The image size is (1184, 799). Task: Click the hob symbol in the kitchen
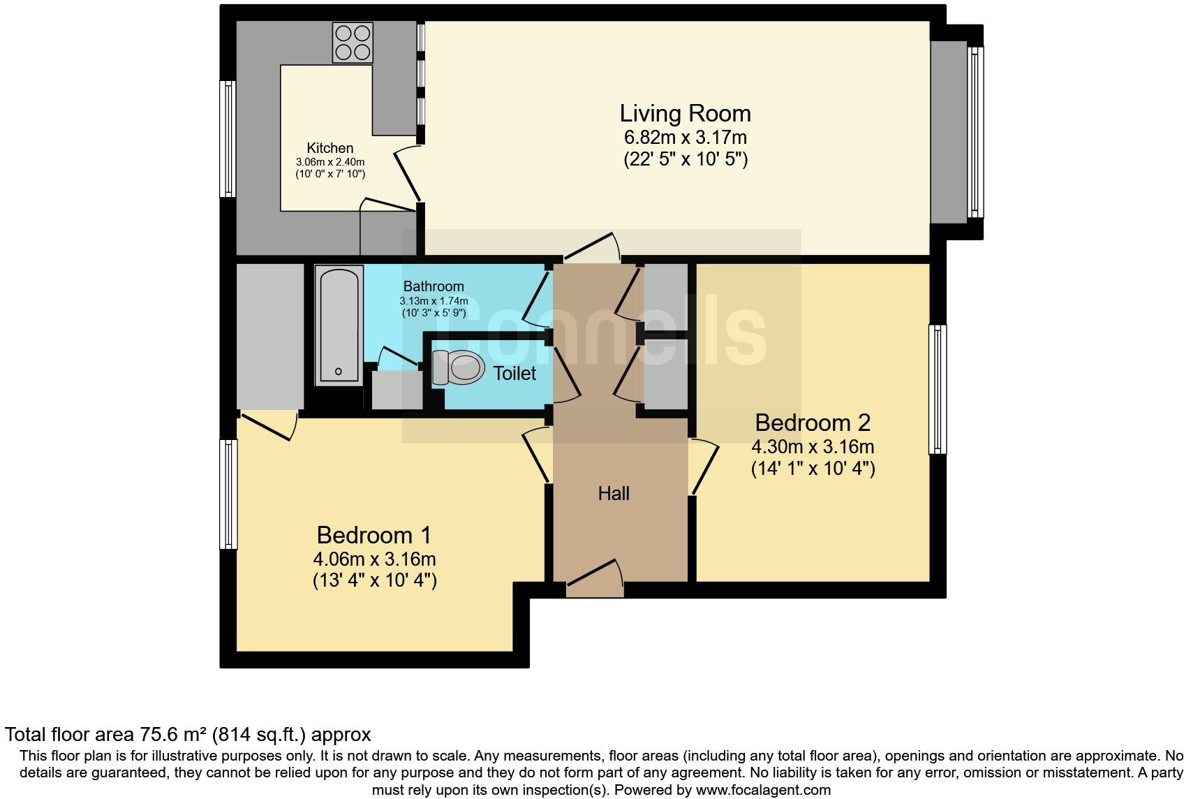(x=353, y=43)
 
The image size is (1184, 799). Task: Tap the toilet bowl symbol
(x=459, y=367)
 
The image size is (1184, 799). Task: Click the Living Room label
(x=685, y=113)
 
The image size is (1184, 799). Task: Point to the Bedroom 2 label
(x=813, y=423)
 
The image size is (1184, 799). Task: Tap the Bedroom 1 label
(x=373, y=535)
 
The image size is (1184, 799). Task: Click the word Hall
(x=614, y=494)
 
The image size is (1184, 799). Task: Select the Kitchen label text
(x=330, y=148)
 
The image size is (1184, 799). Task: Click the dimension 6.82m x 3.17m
(x=685, y=137)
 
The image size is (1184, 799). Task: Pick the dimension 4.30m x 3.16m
(x=813, y=446)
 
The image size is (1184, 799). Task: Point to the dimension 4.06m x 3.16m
(x=374, y=559)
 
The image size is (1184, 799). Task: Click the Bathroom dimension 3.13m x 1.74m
(x=434, y=301)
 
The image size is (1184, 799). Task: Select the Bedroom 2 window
(x=938, y=389)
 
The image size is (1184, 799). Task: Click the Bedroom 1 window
(x=228, y=493)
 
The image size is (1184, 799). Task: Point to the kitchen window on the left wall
(x=228, y=138)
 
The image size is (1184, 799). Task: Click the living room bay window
(x=975, y=132)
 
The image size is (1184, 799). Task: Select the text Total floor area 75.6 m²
(x=105, y=735)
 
